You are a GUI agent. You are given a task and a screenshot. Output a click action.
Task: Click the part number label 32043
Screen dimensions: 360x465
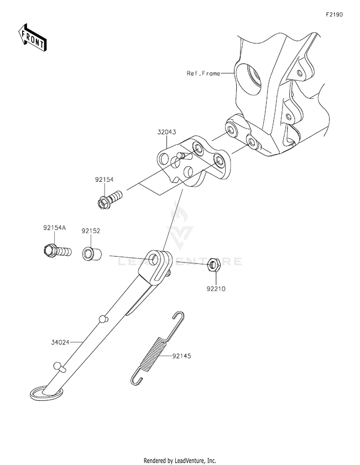click(167, 132)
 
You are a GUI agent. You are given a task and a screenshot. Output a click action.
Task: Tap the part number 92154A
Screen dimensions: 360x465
click(55, 228)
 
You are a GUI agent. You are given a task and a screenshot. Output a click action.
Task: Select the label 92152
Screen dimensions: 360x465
click(91, 231)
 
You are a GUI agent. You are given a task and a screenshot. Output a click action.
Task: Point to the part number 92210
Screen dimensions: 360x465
click(216, 288)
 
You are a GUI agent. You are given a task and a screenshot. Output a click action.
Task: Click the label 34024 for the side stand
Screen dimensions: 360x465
click(60, 342)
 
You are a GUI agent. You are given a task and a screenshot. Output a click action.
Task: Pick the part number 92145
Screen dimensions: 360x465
click(182, 356)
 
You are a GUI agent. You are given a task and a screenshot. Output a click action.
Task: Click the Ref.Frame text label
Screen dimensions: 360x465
click(204, 73)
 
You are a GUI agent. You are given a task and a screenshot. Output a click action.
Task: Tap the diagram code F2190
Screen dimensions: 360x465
click(335, 14)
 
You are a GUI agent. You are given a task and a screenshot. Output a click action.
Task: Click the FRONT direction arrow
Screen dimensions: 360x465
click(32, 37)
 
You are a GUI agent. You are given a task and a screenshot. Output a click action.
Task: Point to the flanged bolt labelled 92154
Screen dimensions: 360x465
click(110, 198)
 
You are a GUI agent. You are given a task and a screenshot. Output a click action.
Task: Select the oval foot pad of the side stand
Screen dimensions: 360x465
click(47, 393)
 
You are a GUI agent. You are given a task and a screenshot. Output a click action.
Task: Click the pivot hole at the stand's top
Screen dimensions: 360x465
click(153, 257)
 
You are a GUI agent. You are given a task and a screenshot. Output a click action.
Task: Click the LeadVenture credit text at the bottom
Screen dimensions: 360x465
click(180, 461)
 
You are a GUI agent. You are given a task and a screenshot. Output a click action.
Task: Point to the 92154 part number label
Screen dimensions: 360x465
click(104, 179)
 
